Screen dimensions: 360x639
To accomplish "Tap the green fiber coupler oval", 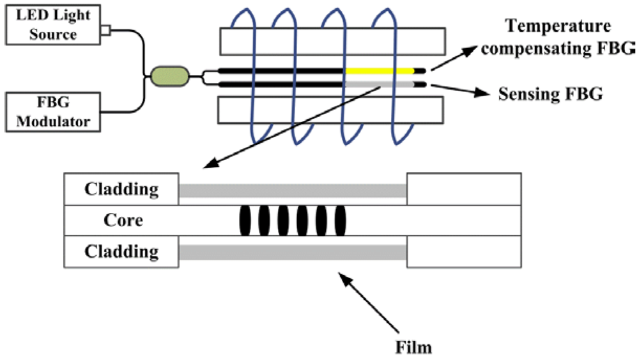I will [169, 77].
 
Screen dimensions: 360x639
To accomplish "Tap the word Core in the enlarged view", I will [123, 221].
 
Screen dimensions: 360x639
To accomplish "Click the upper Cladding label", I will [121, 189].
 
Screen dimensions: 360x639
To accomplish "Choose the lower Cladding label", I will [121, 251].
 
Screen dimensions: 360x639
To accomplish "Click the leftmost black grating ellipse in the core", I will [245, 221].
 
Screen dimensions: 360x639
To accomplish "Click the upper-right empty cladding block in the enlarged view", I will [464, 189].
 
